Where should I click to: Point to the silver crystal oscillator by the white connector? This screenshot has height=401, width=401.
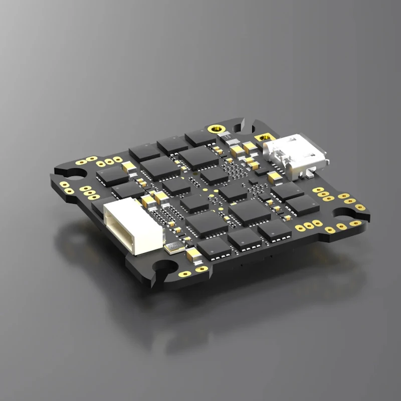tap(173, 246)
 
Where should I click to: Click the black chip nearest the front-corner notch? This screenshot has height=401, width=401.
tap(213, 247)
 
